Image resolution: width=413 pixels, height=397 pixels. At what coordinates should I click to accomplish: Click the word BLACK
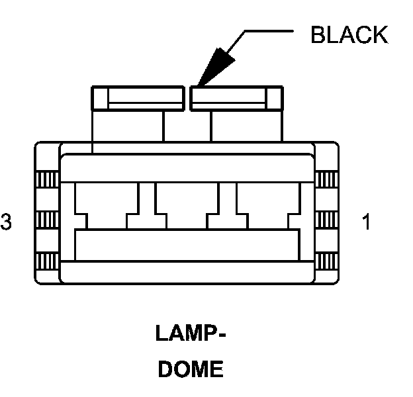coord(349,34)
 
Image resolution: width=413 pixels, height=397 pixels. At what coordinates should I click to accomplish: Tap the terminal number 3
coord(6,222)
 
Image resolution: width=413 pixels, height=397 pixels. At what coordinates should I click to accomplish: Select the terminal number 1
coord(366,222)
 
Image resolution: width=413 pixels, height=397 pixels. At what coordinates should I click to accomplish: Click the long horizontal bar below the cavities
coord(187,244)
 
